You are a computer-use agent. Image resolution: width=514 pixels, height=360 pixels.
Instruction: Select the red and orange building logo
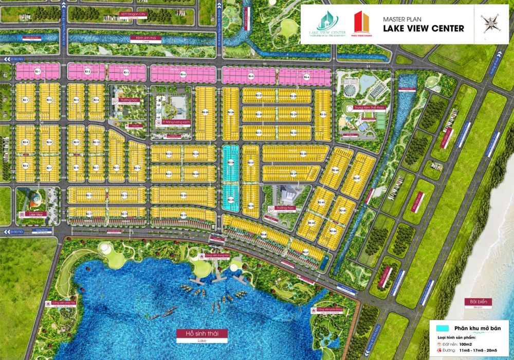pos(361,23)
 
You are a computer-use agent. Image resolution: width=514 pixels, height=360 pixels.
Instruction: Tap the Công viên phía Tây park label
pos(64,303)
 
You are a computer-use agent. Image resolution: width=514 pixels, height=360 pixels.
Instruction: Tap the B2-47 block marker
pos(357,178)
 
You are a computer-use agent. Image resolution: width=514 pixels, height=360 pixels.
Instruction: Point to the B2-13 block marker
pos(117,168)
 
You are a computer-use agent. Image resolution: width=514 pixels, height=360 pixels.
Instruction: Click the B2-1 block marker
pos(25,100)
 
